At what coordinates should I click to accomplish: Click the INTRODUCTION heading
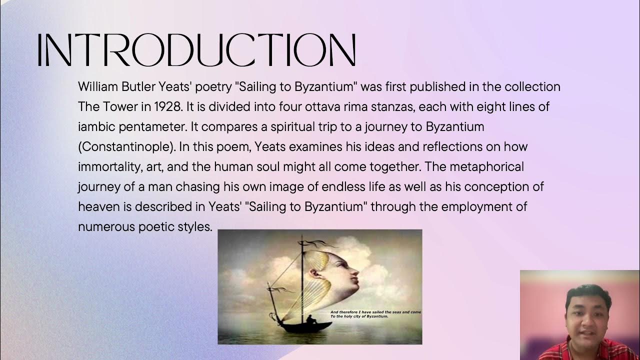point(196,50)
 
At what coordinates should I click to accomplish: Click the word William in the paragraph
point(98,87)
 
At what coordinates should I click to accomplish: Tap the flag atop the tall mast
point(314,244)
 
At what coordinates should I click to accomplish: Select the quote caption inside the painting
point(375,314)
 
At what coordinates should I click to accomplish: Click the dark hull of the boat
point(305,327)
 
